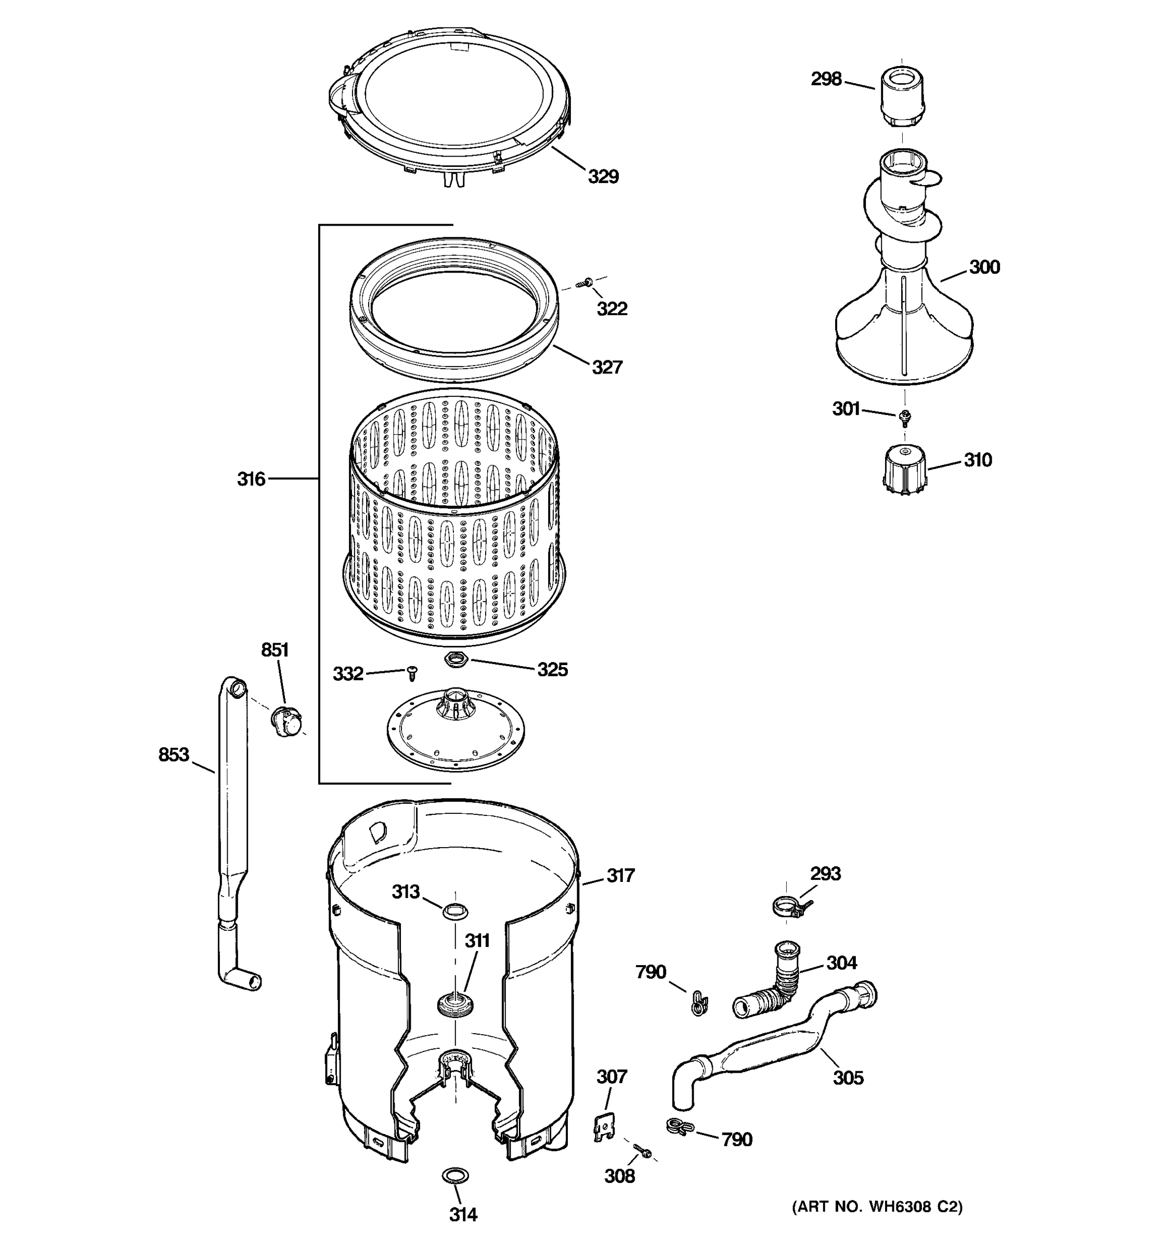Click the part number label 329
603,177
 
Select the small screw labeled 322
588,282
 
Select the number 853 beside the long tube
174,755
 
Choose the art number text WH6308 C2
877,1206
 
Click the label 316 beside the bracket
251,479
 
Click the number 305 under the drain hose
848,1077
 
